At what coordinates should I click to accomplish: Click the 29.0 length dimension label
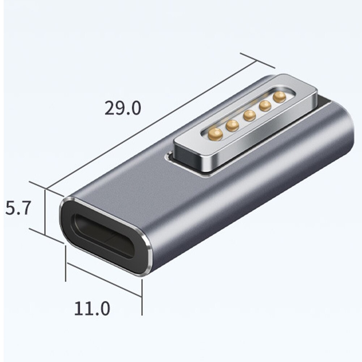[123, 108]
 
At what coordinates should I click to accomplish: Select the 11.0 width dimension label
[92, 308]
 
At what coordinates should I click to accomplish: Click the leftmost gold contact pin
[215, 134]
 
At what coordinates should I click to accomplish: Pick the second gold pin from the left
[232, 125]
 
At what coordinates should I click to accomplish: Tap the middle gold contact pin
[250, 115]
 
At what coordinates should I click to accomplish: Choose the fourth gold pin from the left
[265, 106]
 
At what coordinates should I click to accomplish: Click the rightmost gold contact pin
[280, 97]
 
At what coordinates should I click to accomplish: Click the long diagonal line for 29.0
[152, 125]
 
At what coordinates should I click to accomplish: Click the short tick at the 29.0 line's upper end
[257, 60]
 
